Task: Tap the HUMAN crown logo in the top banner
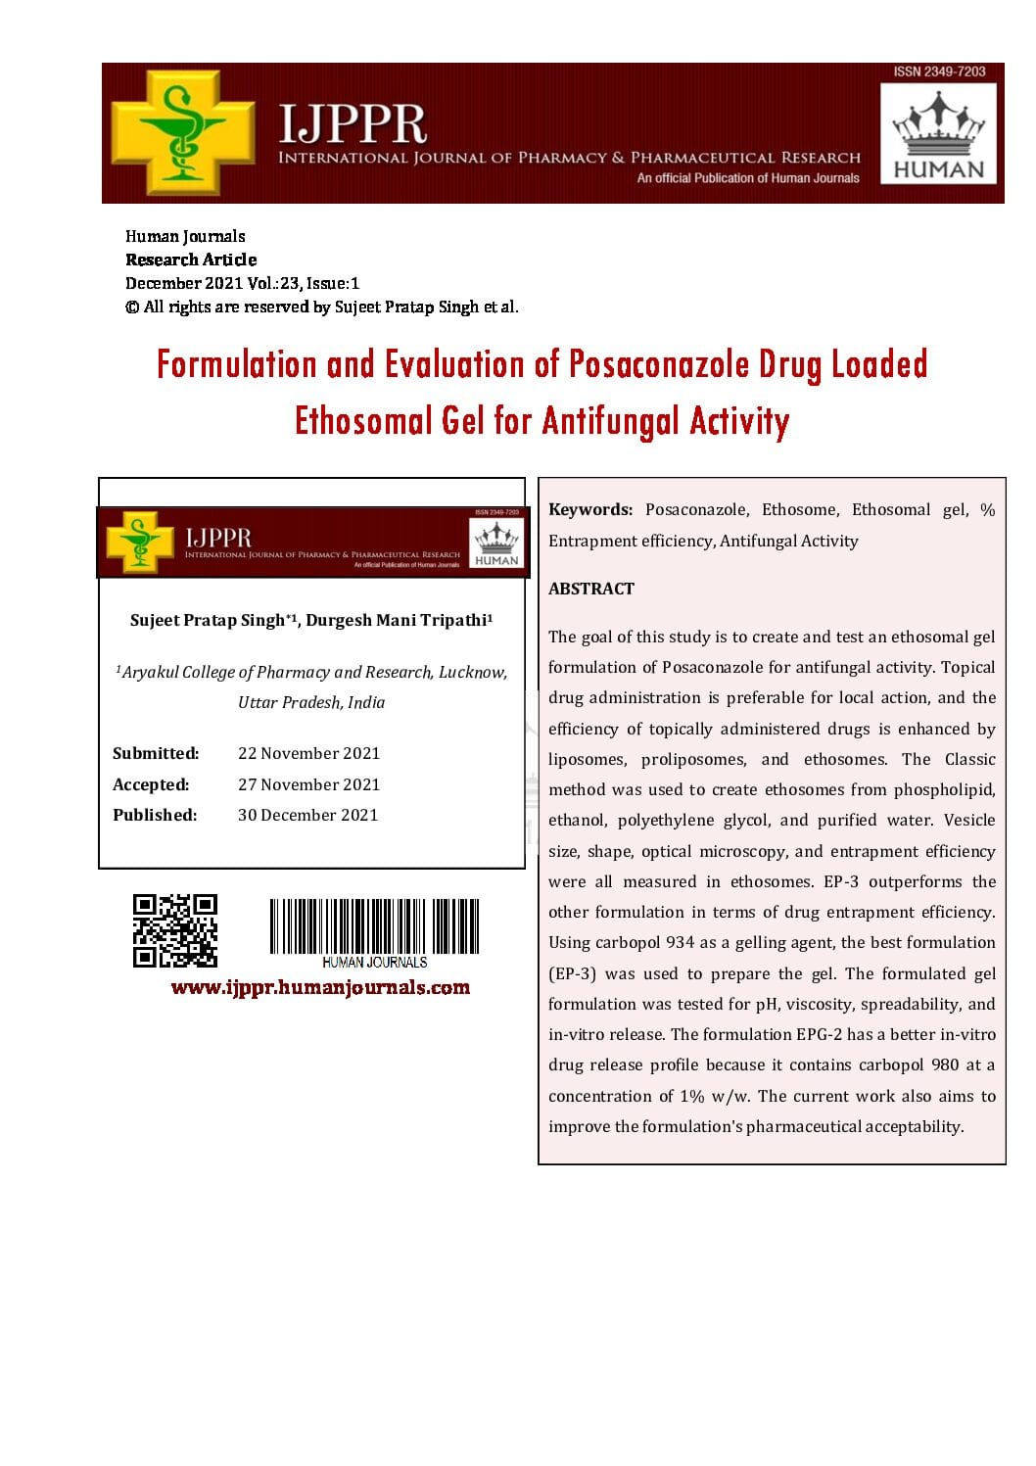tap(938, 135)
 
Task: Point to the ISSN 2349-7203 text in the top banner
tap(939, 71)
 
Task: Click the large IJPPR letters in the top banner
tap(353, 124)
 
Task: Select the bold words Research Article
tap(191, 260)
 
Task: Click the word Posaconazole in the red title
tap(660, 364)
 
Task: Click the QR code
tap(175, 930)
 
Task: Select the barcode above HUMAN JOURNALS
tap(374, 925)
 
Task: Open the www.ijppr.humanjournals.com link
tap(320, 987)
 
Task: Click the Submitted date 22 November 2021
tap(308, 753)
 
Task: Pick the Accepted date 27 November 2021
tap(308, 784)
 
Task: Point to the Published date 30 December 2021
tap(307, 815)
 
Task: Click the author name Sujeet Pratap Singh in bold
tap(207, 620)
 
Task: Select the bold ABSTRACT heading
tap(591, 589)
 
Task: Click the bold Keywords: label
tap(590, 509)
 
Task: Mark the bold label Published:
tap(155, 815)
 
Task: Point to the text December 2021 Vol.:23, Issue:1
tap(242, 283)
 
